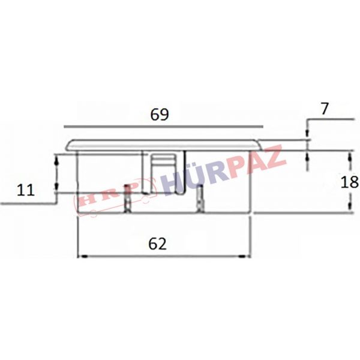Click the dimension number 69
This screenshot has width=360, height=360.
point(160,115)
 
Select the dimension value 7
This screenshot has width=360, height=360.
point(325,109)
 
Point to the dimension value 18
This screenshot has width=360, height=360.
point(349,182)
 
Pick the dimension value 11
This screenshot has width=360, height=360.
point(26,190)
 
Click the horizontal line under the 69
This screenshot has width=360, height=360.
point(163,126)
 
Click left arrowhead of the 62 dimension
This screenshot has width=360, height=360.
point(84,256)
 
